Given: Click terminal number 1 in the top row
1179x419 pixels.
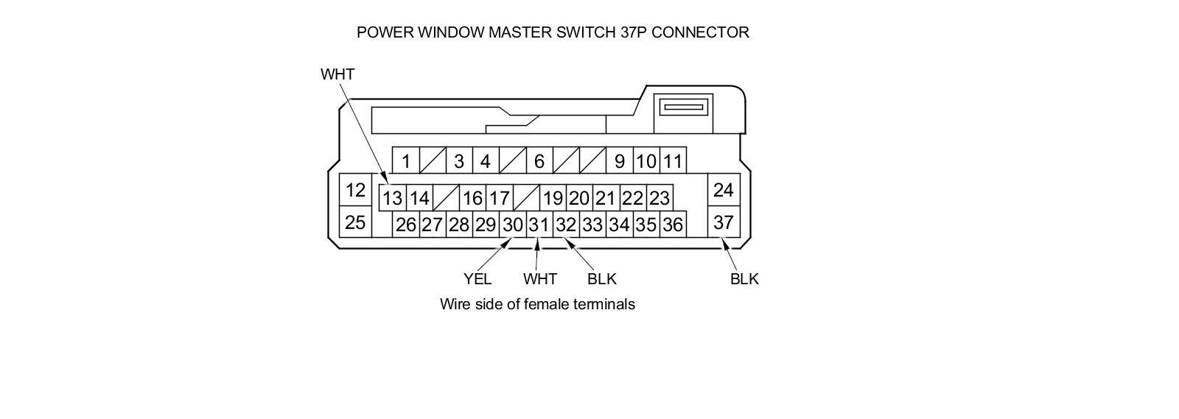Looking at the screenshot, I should pyautogui.click(x=405, y=161).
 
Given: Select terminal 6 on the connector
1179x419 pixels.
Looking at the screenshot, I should pyautogui.click(x=539, y=161).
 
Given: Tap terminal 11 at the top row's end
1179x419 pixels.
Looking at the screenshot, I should pyautogui.click(x=672, y=161).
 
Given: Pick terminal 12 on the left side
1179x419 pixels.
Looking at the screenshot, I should pyautogui.click(x=355, y=190).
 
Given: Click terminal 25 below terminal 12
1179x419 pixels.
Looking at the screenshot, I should pyautogui.click(x=355, y=222).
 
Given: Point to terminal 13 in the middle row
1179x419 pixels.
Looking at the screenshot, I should pyautogui.click(x=392, y=197).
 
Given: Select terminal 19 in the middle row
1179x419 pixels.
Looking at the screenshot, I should pyautogui.click(x=553, y=197).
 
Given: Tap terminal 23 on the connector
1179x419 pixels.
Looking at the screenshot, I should pyautogui.click(x=659, y=197).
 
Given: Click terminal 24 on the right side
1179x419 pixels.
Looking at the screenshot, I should pyautogui.click(x=723, y=190).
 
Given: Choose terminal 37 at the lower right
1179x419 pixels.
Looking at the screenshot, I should pyautogui.click(x=723, y=222).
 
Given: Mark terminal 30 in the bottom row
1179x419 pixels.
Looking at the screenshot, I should pyautogui.click(x=512, y=225).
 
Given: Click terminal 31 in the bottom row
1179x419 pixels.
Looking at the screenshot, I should pyautogui.click(x=539, y=225).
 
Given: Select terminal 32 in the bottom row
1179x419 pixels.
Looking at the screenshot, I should pyautogui.click(x=566, y=225).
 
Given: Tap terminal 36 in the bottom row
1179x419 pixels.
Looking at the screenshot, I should pyautogui.click(x=672, y=225).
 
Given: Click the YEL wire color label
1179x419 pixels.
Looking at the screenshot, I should pyautogui.click(x=477, y=279).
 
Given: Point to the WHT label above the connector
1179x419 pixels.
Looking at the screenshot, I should pyautogui.click(x=337, y=74).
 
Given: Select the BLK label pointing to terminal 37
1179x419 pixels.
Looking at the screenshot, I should pyautogui.click(x=744, y=279).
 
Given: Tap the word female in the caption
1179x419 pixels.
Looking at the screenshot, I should pyautogui.click(x=546, y=304).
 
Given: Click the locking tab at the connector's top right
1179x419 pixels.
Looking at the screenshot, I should pyautogui.click(x=685, y=108).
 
